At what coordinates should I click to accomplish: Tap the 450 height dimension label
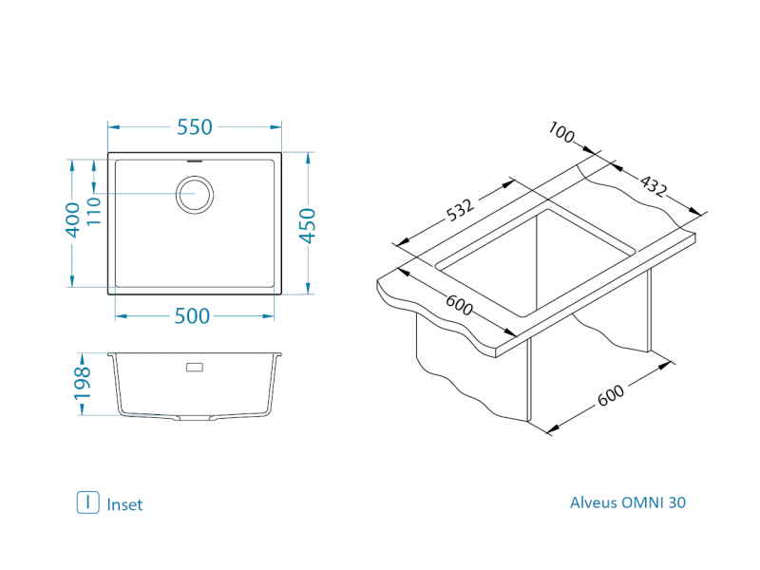point(308,225)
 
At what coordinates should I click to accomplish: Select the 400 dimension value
point(71,220)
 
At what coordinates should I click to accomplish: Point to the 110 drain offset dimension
point(93,210)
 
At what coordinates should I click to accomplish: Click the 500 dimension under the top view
point(192,316)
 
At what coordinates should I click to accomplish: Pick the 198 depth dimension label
point(83,383)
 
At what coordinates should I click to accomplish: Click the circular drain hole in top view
point(195,196)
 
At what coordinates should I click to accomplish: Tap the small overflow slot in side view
point(195,367)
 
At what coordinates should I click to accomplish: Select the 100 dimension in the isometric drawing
point(562,135)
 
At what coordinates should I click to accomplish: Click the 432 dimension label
point(654,187)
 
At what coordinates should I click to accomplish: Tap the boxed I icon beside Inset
point(87,503)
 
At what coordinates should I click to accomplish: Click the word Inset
point(124,504)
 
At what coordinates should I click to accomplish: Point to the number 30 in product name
point(676,503)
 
